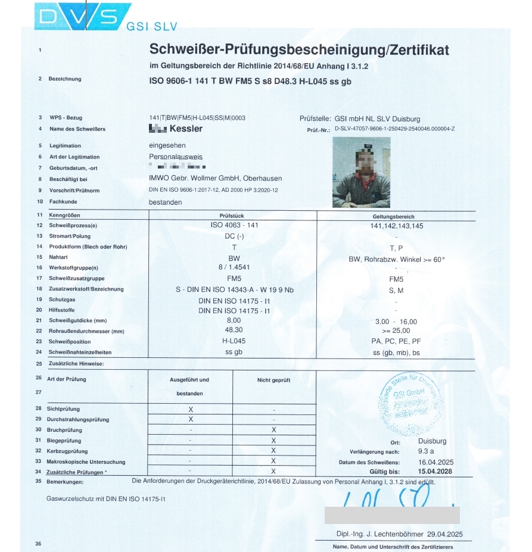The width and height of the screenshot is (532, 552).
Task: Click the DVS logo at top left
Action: pos(83,16)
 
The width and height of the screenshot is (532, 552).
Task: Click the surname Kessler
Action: pos(186,129)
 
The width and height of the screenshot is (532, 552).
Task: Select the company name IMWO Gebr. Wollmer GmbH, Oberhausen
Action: pos(215,179)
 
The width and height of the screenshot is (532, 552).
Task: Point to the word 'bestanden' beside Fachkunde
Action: pos(165,202)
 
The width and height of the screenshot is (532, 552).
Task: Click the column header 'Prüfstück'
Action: pos(232,216)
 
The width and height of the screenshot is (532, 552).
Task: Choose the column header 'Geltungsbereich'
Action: pos(393,216)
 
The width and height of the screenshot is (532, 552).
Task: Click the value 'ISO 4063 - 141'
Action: pos(234,225)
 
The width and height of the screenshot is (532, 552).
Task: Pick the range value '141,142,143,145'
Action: pos(396,226)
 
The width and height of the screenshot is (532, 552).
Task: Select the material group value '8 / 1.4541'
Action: pos(234,267)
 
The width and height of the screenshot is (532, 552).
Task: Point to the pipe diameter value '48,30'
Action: pos(234,329)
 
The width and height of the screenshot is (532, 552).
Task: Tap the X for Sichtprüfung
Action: pos(191,410)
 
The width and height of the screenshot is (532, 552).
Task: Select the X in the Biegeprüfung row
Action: pos(273,441)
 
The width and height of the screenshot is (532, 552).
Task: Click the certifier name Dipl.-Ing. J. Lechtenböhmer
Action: pos(376,534)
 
